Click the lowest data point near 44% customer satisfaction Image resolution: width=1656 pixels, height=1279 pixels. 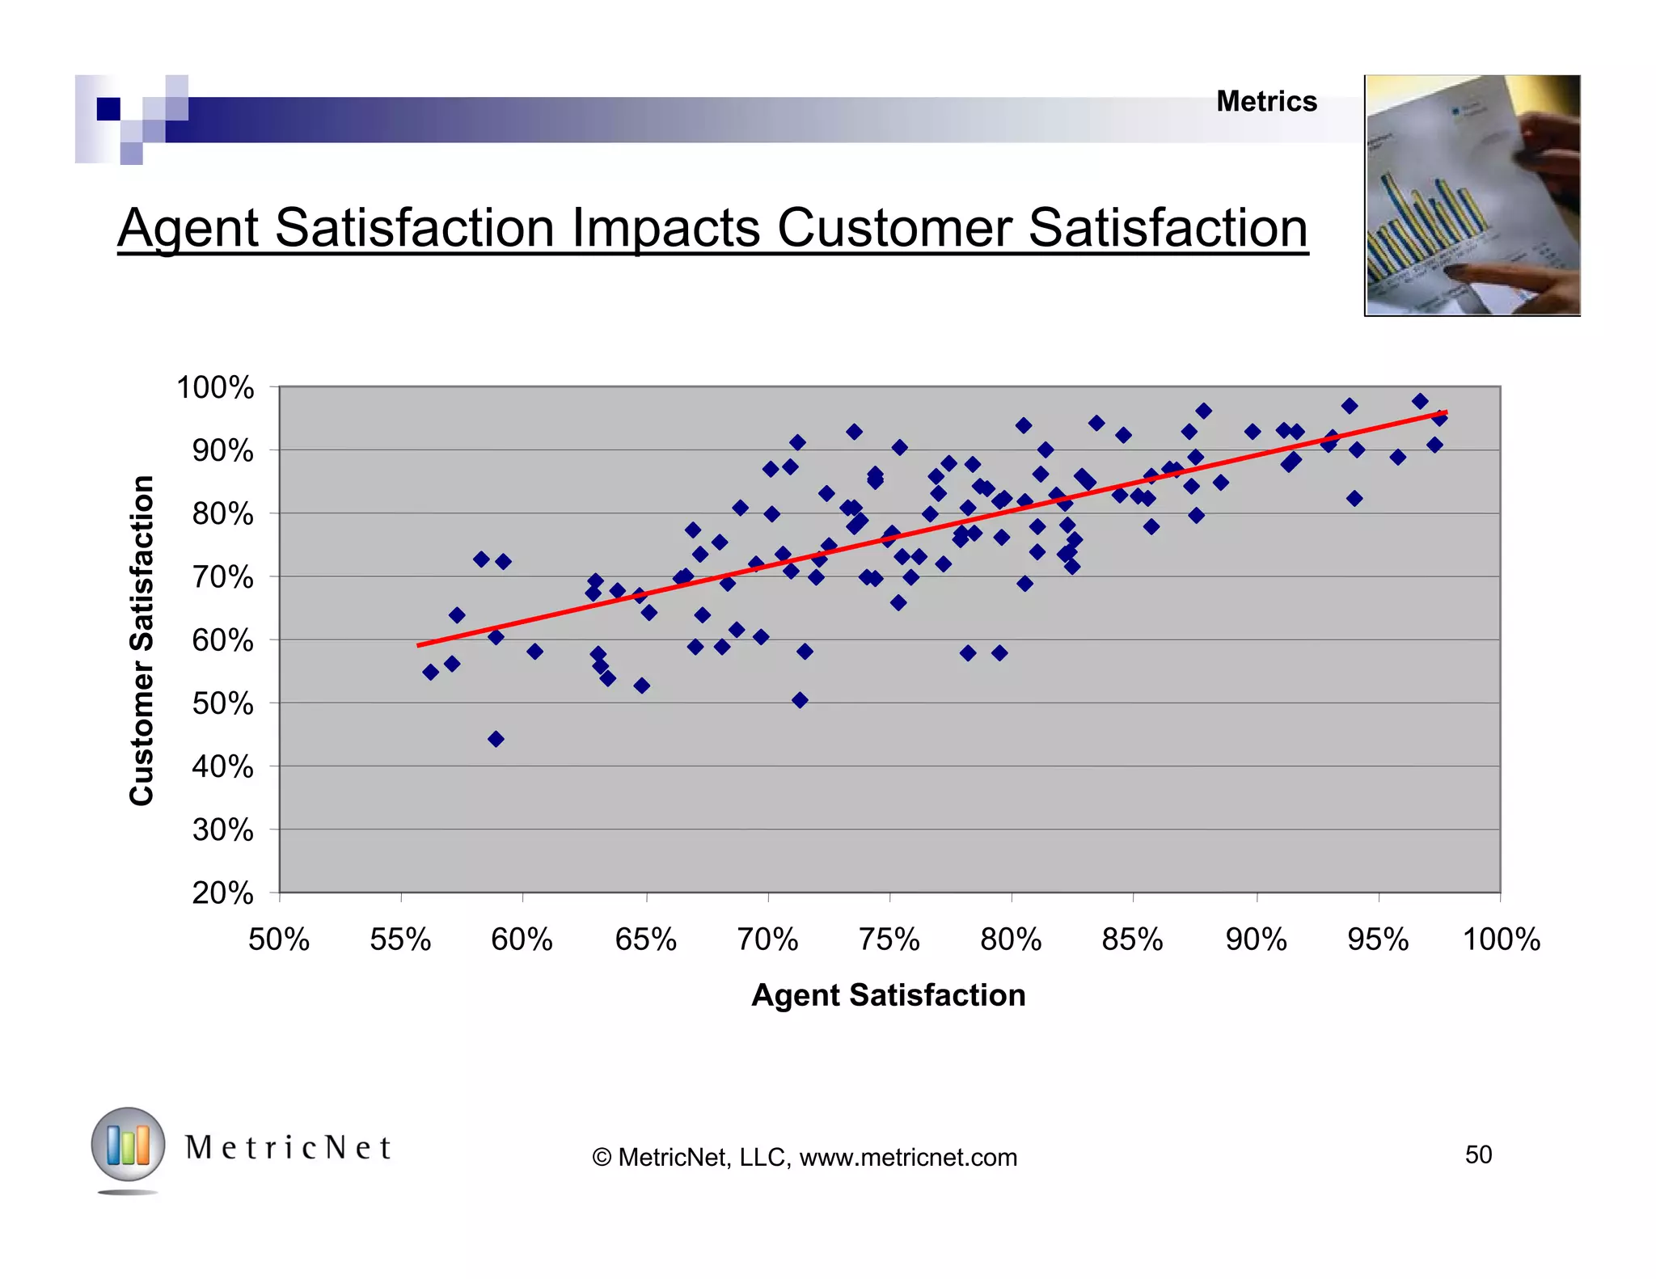point(496,738)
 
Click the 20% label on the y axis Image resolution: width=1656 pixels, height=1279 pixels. point(222,893)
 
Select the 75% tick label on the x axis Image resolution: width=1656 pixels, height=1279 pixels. point(889,939)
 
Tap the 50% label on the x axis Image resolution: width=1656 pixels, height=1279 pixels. point(279,939)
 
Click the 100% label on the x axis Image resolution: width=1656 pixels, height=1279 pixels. point(1501,939)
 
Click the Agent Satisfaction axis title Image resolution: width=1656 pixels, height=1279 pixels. point(888,994)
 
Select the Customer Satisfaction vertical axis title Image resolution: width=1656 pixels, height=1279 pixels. point(142,640)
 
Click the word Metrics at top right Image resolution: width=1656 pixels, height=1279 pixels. point(1266,102)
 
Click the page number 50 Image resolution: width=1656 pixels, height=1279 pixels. point(1478,1154)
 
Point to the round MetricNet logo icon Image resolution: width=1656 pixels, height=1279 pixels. point(128,1145)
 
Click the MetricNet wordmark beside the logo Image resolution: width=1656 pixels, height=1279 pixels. point(289,1148)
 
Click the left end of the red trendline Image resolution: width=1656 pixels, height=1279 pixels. point(419,645)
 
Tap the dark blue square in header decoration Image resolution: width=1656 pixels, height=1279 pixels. point(108,108)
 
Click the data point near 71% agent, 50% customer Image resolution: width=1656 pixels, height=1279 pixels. point(800,700)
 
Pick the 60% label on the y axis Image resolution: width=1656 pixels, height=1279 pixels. point(222,640)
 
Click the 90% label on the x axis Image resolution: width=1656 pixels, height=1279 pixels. point(1256,939)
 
